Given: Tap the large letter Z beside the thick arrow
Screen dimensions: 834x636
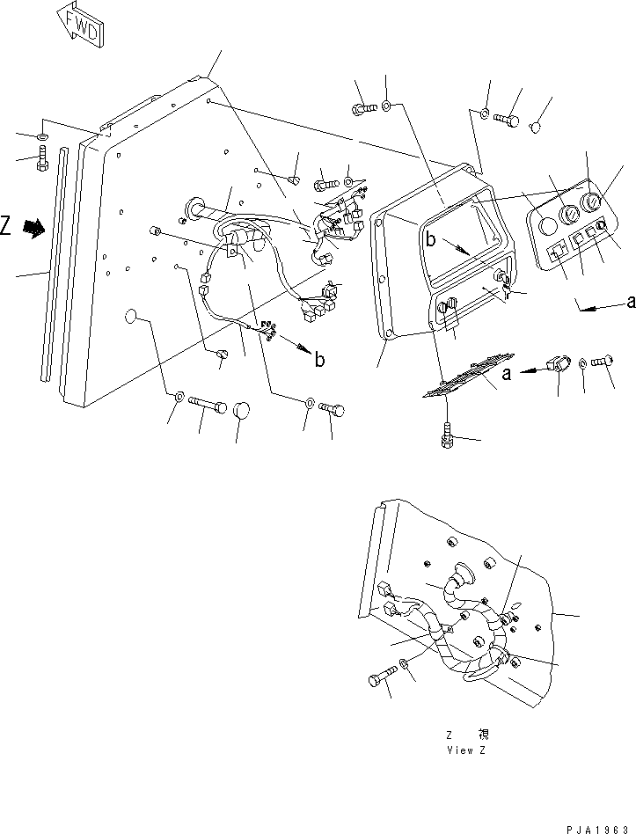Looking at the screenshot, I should coord(7,227).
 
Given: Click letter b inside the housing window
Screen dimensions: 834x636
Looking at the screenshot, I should coord(431,238).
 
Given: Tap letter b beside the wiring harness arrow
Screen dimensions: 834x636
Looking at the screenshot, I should coord(319,359).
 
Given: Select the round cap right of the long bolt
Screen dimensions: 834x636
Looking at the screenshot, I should coord(244,411).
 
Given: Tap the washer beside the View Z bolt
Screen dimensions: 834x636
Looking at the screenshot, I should coord(402,662).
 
